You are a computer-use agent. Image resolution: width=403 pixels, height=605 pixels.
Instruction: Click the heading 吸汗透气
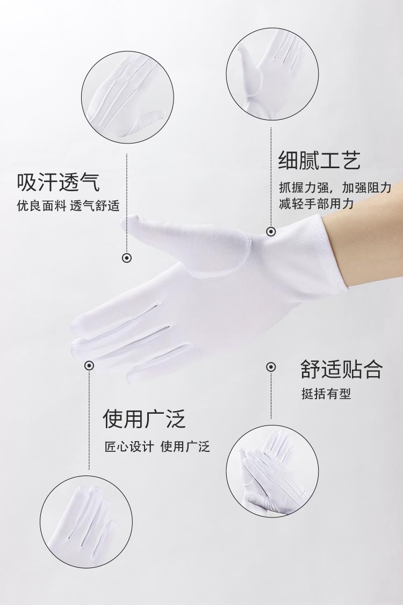click(58, 182)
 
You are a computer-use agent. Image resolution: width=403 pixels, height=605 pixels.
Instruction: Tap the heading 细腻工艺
click(320, 161)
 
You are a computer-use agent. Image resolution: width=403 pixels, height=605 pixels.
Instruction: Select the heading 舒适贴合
click(342, 369)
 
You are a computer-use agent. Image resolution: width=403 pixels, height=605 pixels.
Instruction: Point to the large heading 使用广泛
click(145, 419)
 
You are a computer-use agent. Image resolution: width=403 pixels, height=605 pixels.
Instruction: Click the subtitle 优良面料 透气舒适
click(68, 206)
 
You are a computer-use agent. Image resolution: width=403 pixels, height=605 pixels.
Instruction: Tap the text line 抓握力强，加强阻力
click(335, 188)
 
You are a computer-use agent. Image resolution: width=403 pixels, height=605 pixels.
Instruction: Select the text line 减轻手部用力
click(316, 203)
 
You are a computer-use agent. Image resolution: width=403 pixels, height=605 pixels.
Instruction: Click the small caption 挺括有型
click(326, 394)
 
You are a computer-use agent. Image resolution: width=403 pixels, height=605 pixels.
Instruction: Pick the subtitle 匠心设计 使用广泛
click(157, 447)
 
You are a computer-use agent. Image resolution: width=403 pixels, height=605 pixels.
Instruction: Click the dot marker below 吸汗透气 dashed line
click(127, 258)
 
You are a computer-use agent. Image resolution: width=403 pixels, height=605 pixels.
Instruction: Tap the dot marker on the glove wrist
click(271, 232)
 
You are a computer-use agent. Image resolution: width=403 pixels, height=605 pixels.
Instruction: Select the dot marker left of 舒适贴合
click(271, 366)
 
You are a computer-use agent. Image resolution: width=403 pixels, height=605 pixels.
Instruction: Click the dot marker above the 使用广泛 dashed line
click(89, 365)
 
